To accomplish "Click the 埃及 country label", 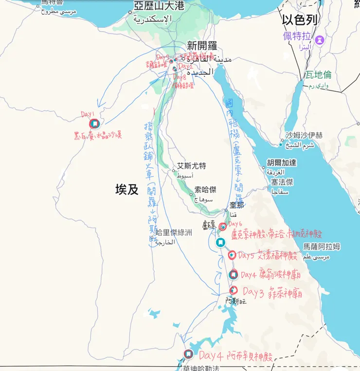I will (127, 189).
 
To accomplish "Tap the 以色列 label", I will (300, 19).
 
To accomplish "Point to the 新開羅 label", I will (202, 46).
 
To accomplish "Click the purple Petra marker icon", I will (320, 38).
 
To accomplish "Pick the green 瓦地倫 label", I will (318, 74).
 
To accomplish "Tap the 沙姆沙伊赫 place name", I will (304, 135).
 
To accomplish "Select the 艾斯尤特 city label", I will (191, 166).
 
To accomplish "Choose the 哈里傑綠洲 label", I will (173, 232).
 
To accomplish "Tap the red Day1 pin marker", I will (94, 124).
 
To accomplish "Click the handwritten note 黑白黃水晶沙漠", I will (98, 135).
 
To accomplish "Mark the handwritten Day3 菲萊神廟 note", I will (272, 293).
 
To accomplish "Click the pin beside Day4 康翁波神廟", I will (234, 275).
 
